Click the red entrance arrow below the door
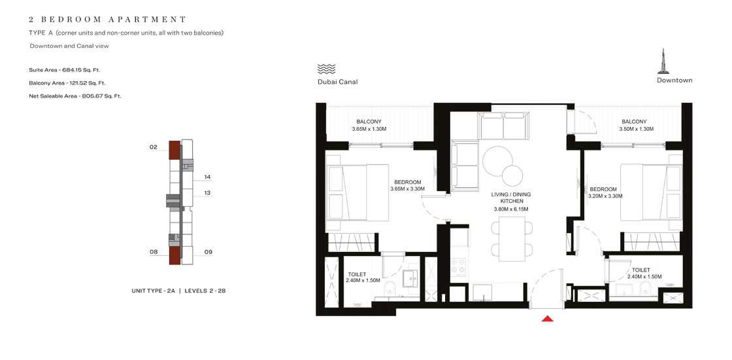click(548, 319)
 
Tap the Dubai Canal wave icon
click(326, 69)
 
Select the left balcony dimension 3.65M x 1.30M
click(369, 129)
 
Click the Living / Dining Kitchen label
click(511, 198)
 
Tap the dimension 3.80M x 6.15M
click(510, 209)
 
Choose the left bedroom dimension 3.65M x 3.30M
click(407, 189)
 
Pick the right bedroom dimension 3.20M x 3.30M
click(605, 196)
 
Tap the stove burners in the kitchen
click(458, 266)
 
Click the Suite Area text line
click(64, 69)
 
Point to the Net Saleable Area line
click(75, 96)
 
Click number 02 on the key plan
click(154, 148)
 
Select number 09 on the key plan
click(208, 252)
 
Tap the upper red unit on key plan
click(175, 151)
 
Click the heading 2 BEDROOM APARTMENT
click(108, 20)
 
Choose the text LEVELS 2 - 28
click(205, 290)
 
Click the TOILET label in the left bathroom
click(358, 274)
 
